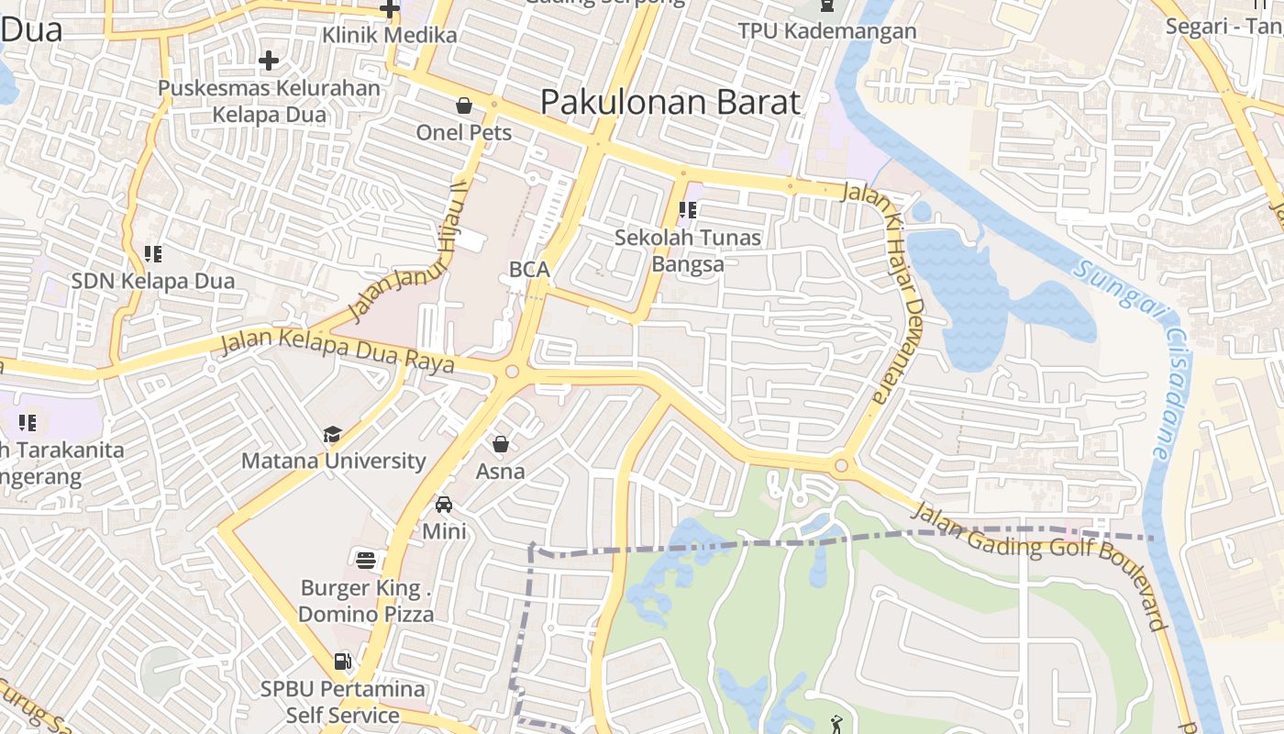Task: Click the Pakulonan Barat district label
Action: point(670,102)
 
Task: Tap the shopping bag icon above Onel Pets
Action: point(464,106)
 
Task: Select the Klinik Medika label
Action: point(390,36)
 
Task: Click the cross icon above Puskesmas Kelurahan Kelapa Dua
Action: point(268,61)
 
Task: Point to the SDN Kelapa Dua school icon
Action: point(153,253)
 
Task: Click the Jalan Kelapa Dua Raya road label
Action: point(338,352)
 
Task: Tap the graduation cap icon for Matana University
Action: point(331,434)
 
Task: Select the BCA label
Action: point(529,270)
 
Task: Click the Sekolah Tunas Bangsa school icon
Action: point(687,210)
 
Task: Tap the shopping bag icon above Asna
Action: point(501,445)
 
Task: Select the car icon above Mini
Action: point(444,505)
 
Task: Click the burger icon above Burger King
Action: point(366,560)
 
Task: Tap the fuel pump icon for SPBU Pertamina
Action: point(342,661)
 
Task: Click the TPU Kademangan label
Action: point(827,31)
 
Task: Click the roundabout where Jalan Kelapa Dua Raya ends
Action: point(512,372)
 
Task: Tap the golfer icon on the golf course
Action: point(836,726)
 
